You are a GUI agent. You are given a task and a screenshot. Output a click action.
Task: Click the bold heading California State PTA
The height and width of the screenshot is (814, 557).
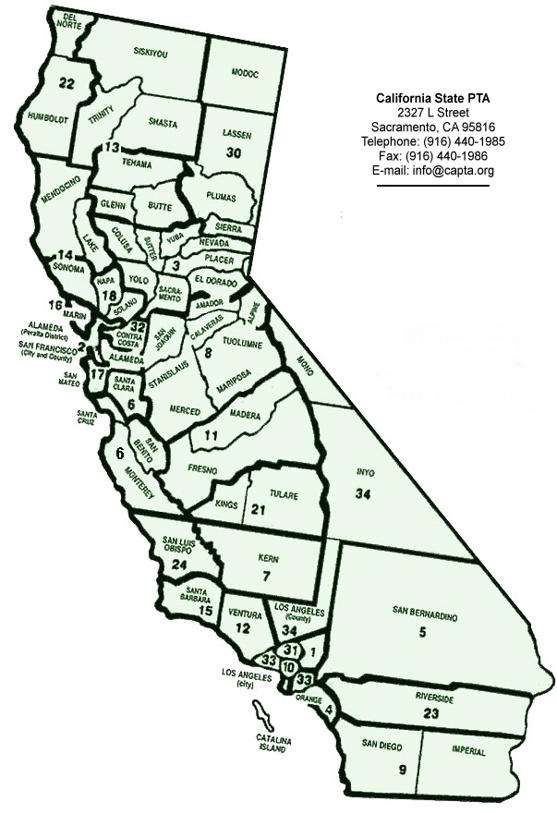pos(432,97)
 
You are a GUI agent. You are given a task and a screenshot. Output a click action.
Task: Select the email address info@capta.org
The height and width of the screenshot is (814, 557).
pos(432,171)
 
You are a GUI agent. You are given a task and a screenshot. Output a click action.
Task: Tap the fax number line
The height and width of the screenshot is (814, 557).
pos(432,156)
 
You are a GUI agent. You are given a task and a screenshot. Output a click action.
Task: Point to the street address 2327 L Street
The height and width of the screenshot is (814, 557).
pos(432,112)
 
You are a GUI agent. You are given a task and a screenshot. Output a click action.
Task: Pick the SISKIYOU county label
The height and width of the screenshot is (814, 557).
pos(151,54)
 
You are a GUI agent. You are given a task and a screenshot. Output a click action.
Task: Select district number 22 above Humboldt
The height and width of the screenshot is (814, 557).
pos(66,83)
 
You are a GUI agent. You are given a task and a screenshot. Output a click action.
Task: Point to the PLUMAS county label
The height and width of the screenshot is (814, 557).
pos(216,198)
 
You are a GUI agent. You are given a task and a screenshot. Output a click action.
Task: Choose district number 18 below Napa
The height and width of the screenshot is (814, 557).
pos(110,296)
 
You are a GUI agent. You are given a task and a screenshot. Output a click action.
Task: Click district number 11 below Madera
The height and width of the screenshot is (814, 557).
pos(212,435)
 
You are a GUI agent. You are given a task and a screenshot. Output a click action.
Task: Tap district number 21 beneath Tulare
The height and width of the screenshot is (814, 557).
pos(259,510)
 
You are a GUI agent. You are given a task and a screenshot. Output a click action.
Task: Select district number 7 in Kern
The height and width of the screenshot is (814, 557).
pos(265,577)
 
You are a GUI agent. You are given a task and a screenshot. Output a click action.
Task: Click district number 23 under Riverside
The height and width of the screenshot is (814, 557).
pos(429,714)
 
